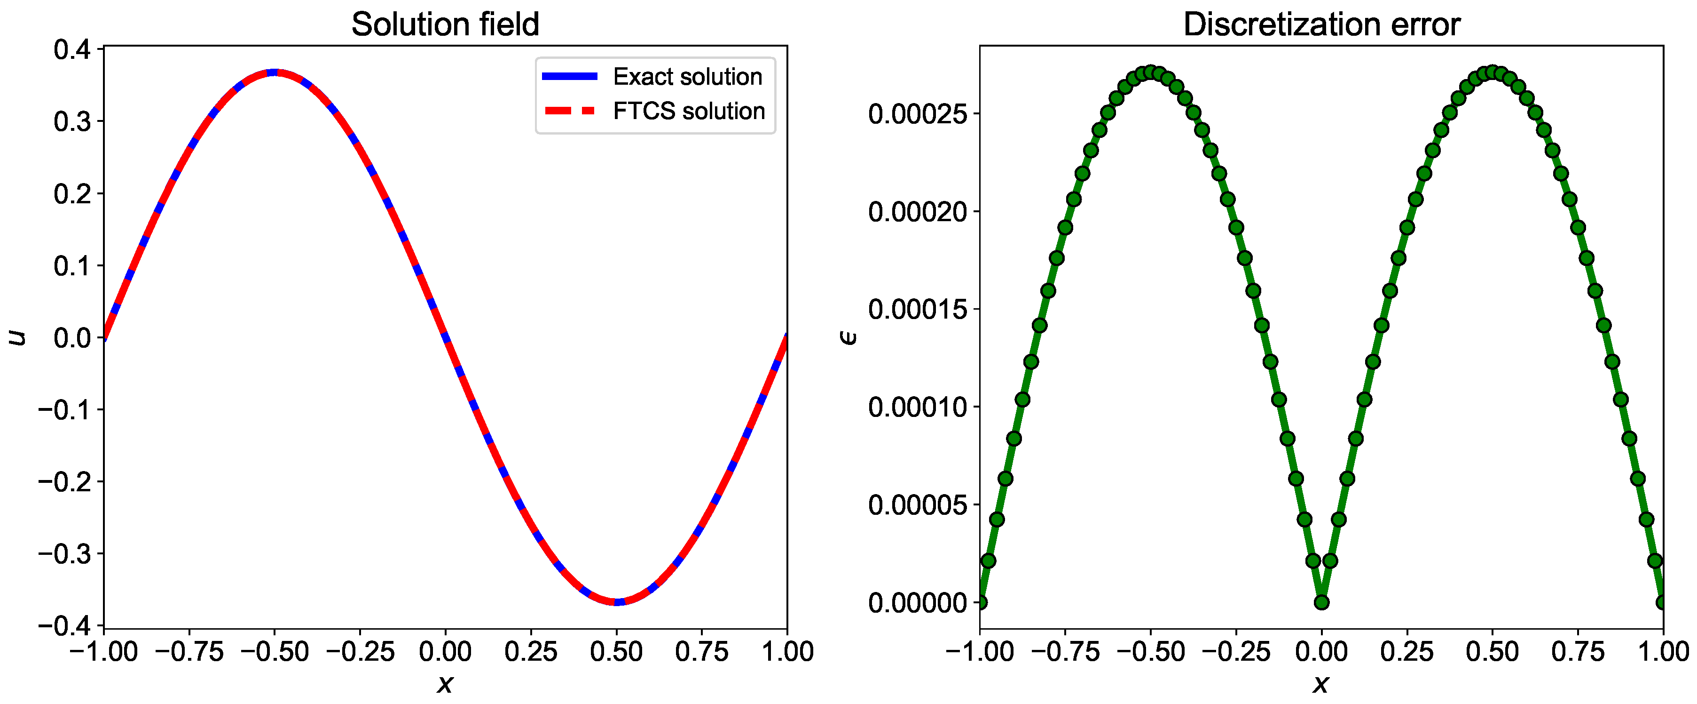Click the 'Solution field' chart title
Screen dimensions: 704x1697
pos(445,24)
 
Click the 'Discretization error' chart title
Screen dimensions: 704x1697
pos(1321,24)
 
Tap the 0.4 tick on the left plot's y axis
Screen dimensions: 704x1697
pos(72,49)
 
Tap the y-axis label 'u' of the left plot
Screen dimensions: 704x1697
pos(18,337)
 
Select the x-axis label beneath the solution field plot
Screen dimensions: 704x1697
pos(445,684)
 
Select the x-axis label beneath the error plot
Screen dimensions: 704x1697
pos(1321,684)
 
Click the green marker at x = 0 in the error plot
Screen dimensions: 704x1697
pos(1321,602)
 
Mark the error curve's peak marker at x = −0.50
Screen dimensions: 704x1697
pos(1150,72)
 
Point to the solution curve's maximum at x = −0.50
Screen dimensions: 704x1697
pos(275,72)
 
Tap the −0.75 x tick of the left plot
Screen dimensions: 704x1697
pos(189,652)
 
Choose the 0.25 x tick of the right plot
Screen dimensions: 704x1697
pos(1407,652)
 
